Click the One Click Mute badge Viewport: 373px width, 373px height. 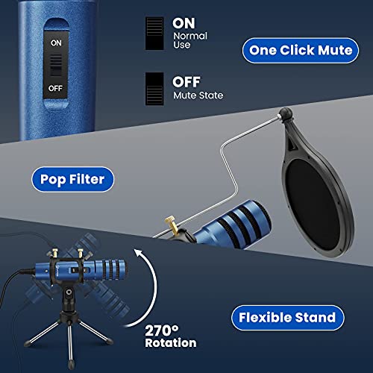(301, 51)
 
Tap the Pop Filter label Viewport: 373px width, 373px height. (72, 179)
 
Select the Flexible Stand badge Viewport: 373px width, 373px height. (288, 318)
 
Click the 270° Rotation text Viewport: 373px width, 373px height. (171, 336)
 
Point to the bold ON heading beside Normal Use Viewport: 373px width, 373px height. (184, 23)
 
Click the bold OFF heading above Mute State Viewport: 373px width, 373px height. (186, 82)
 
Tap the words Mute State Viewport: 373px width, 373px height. (198, 95)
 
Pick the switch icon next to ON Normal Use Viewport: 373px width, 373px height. (154, 34)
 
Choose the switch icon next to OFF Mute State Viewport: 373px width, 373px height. (154, 89)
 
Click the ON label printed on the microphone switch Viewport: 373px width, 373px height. (56, 43)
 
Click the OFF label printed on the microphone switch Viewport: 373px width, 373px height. (55, 88)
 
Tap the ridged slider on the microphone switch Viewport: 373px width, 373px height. (56, 65)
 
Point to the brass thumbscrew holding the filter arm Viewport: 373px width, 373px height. (171, 225)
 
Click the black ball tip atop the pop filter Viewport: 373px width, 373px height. (286, 113)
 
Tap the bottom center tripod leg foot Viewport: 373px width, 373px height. (71, 365)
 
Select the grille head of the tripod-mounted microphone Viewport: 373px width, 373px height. (115, 270)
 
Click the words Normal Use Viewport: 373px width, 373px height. (190, 40)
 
